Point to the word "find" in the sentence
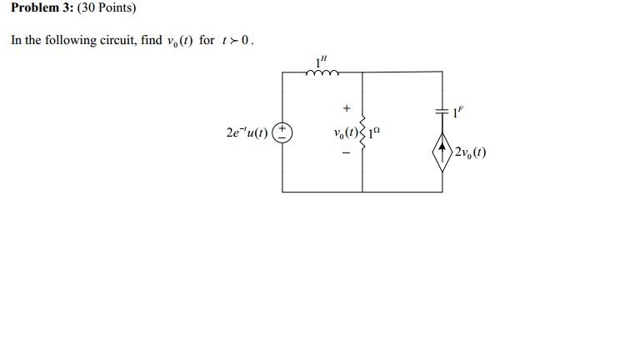(152, 40)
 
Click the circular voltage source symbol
(283, 132)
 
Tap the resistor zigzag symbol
(362, 133)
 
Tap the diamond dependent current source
(442, 152)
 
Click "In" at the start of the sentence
(16, 40)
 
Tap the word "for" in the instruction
(207, 40)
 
